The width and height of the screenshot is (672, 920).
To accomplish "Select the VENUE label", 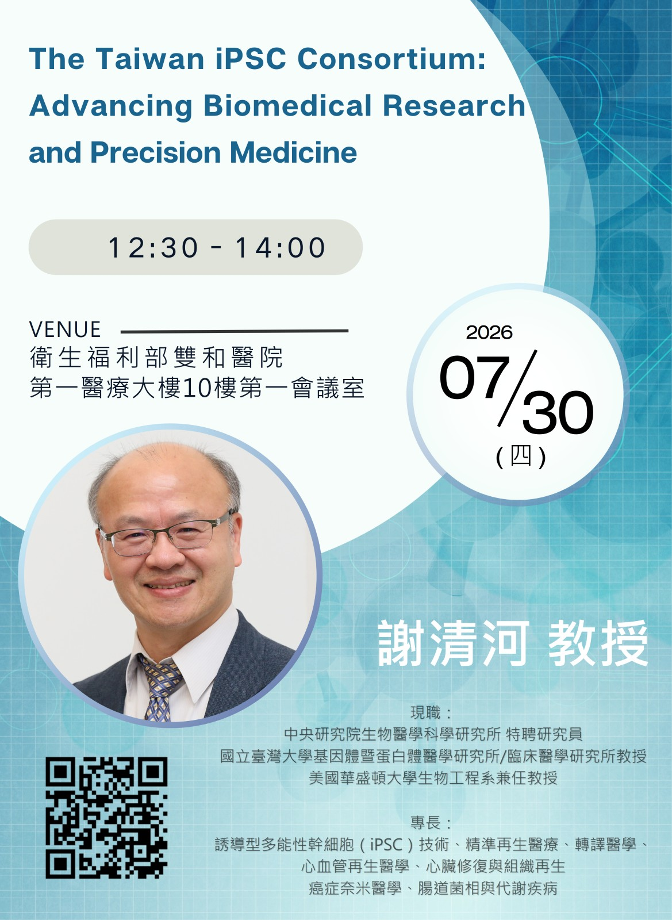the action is click(x=65, y=329).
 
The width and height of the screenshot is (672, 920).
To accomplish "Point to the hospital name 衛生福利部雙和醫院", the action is click(x=156, y=358).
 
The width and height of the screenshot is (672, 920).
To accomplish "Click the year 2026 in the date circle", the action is click(x=489, y=333).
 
